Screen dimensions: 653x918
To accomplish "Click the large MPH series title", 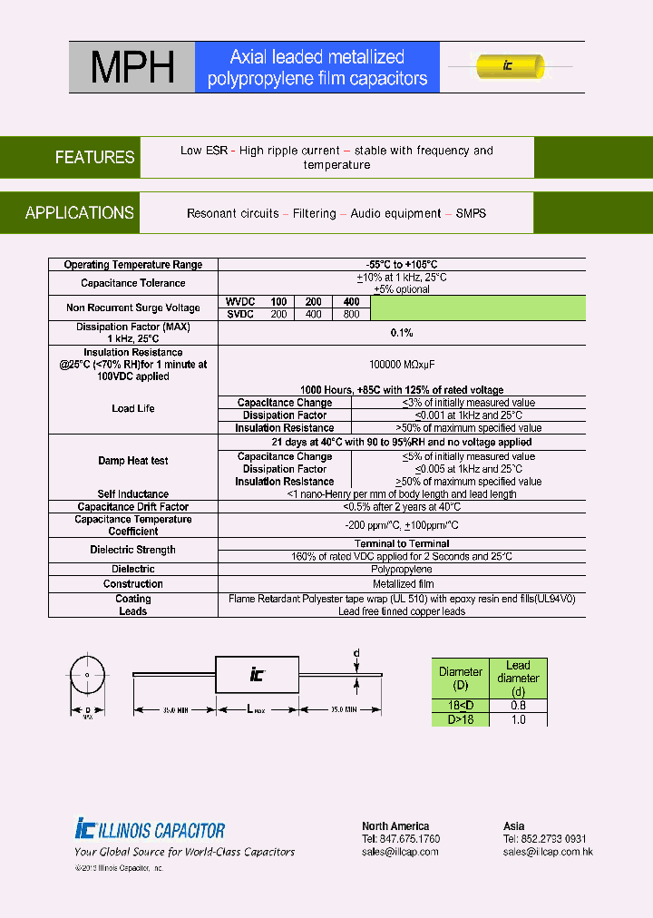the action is [131, 67].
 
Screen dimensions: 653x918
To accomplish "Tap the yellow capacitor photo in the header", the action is [511, 66].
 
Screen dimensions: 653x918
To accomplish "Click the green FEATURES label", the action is [94, 157].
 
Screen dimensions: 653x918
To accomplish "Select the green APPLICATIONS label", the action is [80, 213].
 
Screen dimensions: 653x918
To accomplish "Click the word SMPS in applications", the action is [471, 213].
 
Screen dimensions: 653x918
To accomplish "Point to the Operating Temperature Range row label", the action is [133, 265].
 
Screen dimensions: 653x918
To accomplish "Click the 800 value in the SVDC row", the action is [352, 314].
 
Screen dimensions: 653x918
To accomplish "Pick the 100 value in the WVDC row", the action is [278, 302].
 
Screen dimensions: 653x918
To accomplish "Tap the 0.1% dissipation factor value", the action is [402, 333].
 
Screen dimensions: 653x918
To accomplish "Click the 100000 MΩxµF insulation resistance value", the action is [402, 364].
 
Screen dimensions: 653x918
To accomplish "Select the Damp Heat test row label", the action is [133, 461].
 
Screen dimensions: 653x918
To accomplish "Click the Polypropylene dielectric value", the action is [402, 569].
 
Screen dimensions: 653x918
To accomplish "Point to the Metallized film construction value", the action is [402, 584].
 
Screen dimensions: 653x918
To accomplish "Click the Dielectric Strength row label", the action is [133, 550].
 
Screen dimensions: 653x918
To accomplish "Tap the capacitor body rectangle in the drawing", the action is [257, 673].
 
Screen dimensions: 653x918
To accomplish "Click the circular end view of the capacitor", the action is [88, 676].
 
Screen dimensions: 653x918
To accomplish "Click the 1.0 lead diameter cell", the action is [517, 719].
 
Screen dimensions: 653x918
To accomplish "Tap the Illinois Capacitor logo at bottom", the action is [151, 829].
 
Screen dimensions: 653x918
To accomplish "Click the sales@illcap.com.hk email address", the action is [548, 852].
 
